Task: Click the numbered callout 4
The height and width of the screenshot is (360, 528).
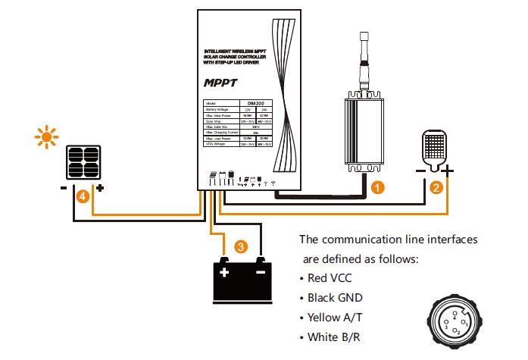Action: [82, 196]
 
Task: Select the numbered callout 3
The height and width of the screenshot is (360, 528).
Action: [241, 246]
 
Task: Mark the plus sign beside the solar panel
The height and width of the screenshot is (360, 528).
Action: [100, 186]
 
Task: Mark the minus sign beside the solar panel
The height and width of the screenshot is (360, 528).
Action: [63, 186]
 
